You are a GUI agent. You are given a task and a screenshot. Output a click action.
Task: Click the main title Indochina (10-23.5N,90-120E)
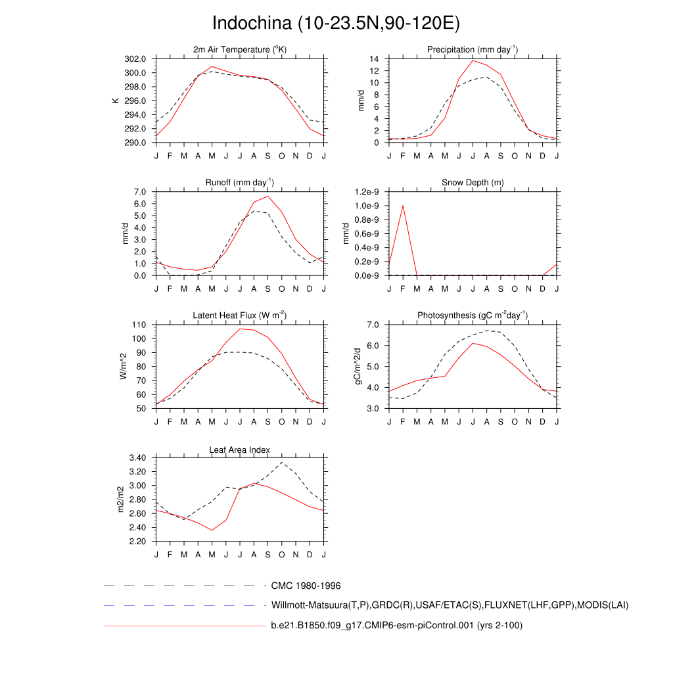pyautogui.click(x=336, y=23)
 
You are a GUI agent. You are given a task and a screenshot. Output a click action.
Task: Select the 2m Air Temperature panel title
pyautogui.click(x=239, y=49)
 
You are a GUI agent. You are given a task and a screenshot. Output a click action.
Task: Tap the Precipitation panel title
pyautogui.click(x=472, y=49)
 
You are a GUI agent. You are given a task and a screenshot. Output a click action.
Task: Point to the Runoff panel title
pyautogui.click(x=239, y=182)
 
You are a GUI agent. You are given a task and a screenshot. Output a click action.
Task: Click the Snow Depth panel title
pyautogui.click(x=473, y=182)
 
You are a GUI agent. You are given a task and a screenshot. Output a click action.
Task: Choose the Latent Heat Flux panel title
pyautogui.click(x=239, y=315)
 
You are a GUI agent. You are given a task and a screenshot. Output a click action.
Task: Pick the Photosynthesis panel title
pyautogui.click(x=473, y=315)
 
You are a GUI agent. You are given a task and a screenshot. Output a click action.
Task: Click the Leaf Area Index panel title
pyautogui.click(x=239, y=450)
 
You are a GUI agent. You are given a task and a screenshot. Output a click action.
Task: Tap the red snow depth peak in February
pyautogui.click(x=403, y=206)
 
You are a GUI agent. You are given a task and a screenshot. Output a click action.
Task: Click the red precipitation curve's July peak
pyautogui.click(x=473, y=60)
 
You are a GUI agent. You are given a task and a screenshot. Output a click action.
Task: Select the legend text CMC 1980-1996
pyautogui.click(x=306, y=586)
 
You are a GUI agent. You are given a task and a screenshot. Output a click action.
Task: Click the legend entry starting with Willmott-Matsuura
pyautogui.click(x=450, y=605)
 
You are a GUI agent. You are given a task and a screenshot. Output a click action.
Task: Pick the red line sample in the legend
pyautogui.click(x=184, y=626)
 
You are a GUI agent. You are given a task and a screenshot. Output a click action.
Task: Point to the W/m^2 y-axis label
pyautogui.click(x=123, y=366)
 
